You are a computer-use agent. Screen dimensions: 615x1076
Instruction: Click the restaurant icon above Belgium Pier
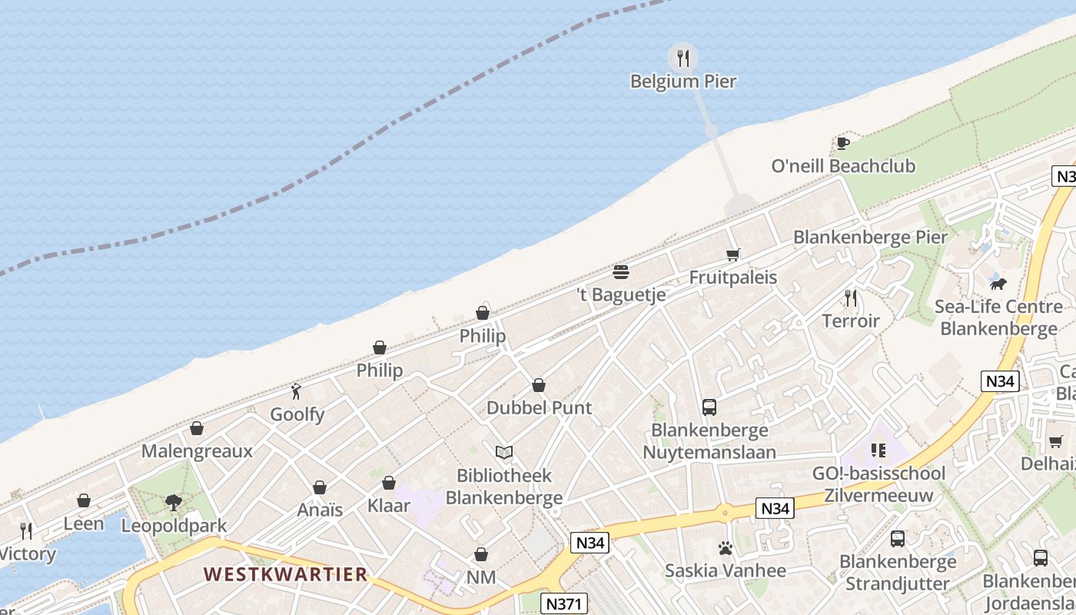click(x=682, y=57)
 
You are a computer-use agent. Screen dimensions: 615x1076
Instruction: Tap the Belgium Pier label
click(x=683, y=81)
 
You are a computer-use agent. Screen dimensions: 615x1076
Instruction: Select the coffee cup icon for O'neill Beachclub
click(x=842, y=143)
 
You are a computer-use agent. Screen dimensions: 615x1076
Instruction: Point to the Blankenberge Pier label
click(x=870, y=237)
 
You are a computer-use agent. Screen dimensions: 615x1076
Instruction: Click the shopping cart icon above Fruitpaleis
click(x=732, y=254)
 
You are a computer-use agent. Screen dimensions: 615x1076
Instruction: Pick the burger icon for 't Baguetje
click(x=621, y=271)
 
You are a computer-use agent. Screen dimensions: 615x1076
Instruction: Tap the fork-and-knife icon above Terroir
click(x=850, y=298)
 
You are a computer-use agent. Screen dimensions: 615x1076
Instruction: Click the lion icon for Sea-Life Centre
click(x=998, y=284)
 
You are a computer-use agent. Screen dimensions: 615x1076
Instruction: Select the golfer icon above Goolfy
click(x=297, y=391)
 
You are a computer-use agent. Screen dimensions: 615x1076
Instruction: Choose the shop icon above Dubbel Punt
click(x=539, y=385)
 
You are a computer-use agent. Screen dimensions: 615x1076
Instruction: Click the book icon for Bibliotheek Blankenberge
click(x=503, y=453)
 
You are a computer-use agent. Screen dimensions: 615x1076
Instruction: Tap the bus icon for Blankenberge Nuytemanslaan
click(x=709, y=407)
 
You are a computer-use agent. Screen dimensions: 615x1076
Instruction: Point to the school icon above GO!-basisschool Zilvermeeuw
click(x=878, y=450)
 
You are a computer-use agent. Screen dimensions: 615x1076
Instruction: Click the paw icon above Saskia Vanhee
click(x=725, y=548)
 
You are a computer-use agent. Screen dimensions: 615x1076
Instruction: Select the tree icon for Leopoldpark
click(x=174, y=503)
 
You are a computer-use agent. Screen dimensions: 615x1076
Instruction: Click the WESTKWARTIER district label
click(x=285, y=574)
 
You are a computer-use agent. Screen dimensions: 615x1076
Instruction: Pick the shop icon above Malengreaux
click(x=197, y=428)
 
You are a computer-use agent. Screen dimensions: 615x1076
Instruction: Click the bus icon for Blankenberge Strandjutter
click(x=897, y=539)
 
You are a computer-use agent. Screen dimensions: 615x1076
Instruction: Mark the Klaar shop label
click(x=389, y=506)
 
